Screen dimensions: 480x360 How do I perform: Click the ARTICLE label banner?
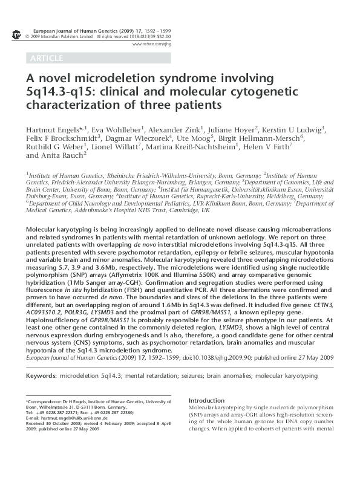[x=45, y=58]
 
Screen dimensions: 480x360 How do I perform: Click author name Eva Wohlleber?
[x=117, y=129]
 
